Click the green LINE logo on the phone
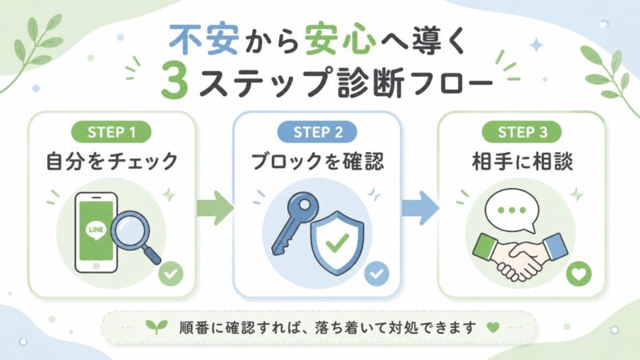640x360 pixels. [x=95, y=231]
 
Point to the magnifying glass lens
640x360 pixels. [x=129, y=230]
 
